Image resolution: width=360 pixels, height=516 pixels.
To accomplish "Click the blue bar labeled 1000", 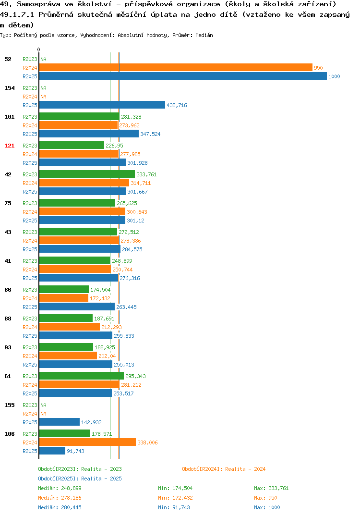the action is click(x=183, y=76).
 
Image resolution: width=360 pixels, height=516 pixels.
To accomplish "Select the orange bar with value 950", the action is click(x=176, y=67).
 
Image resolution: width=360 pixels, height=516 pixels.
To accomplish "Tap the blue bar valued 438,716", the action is click(x=102, y=105).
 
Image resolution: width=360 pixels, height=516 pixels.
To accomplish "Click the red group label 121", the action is click(x=10, y=146).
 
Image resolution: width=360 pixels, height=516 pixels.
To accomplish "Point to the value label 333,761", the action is click(x=146, y=174).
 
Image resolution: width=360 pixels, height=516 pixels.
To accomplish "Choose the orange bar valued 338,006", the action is click(x=87, y=442).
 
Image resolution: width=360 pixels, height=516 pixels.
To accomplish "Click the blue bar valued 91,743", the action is click(x=52, y=451).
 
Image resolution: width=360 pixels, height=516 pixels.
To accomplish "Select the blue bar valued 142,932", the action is click(x=59, y=422).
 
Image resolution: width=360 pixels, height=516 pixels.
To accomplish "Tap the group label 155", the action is click(x=10, y=405).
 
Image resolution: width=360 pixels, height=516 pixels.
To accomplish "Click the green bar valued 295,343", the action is click(x=82, y=376).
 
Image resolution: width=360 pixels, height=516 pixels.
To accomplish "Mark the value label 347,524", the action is click(x=150, y=134).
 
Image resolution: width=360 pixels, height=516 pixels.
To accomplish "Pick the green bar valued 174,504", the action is click(x=64, y=289).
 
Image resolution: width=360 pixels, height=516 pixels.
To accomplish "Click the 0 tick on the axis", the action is click(x=39, y=49).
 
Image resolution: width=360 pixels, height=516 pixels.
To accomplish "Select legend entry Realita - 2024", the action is click(x=224, y=469).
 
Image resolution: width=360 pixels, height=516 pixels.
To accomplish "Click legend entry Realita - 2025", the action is click(x=80, y=479).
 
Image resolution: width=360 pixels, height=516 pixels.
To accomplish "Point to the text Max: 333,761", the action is click(x=271, y=488).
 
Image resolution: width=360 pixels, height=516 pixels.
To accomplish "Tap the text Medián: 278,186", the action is click(x=60, y=498).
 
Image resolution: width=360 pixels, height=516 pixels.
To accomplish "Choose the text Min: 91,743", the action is click(x=174, y=507).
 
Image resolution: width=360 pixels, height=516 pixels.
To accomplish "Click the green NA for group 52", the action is click(x=43, y=59).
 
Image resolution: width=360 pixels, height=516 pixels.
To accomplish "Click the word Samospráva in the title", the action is click(x=39, y=4).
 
